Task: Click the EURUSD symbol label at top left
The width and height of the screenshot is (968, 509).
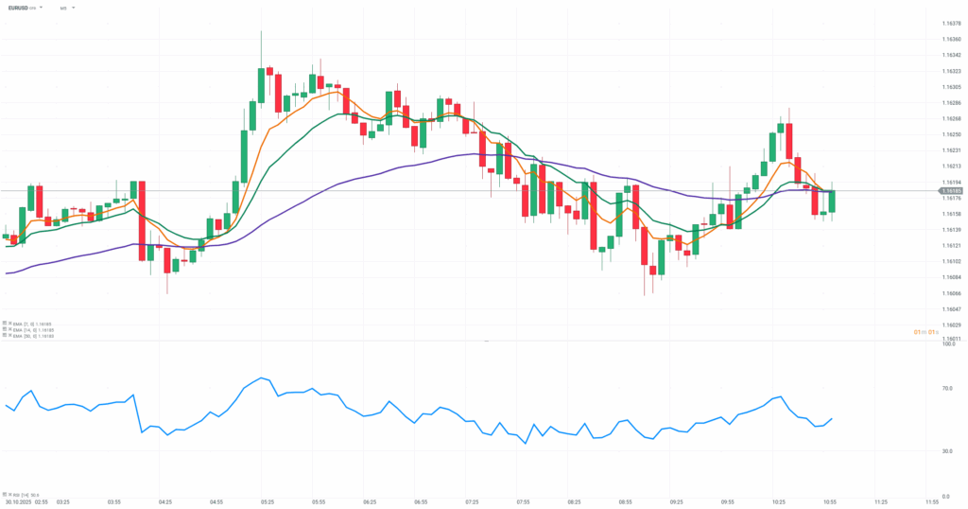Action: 20,8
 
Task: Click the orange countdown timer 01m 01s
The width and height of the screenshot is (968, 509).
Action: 925,331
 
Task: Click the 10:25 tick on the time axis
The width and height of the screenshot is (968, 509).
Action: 778,502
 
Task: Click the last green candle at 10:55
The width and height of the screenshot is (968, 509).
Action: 833,201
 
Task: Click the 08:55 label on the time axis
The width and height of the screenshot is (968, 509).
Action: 625,502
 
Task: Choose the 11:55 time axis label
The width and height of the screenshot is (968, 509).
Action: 931,502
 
